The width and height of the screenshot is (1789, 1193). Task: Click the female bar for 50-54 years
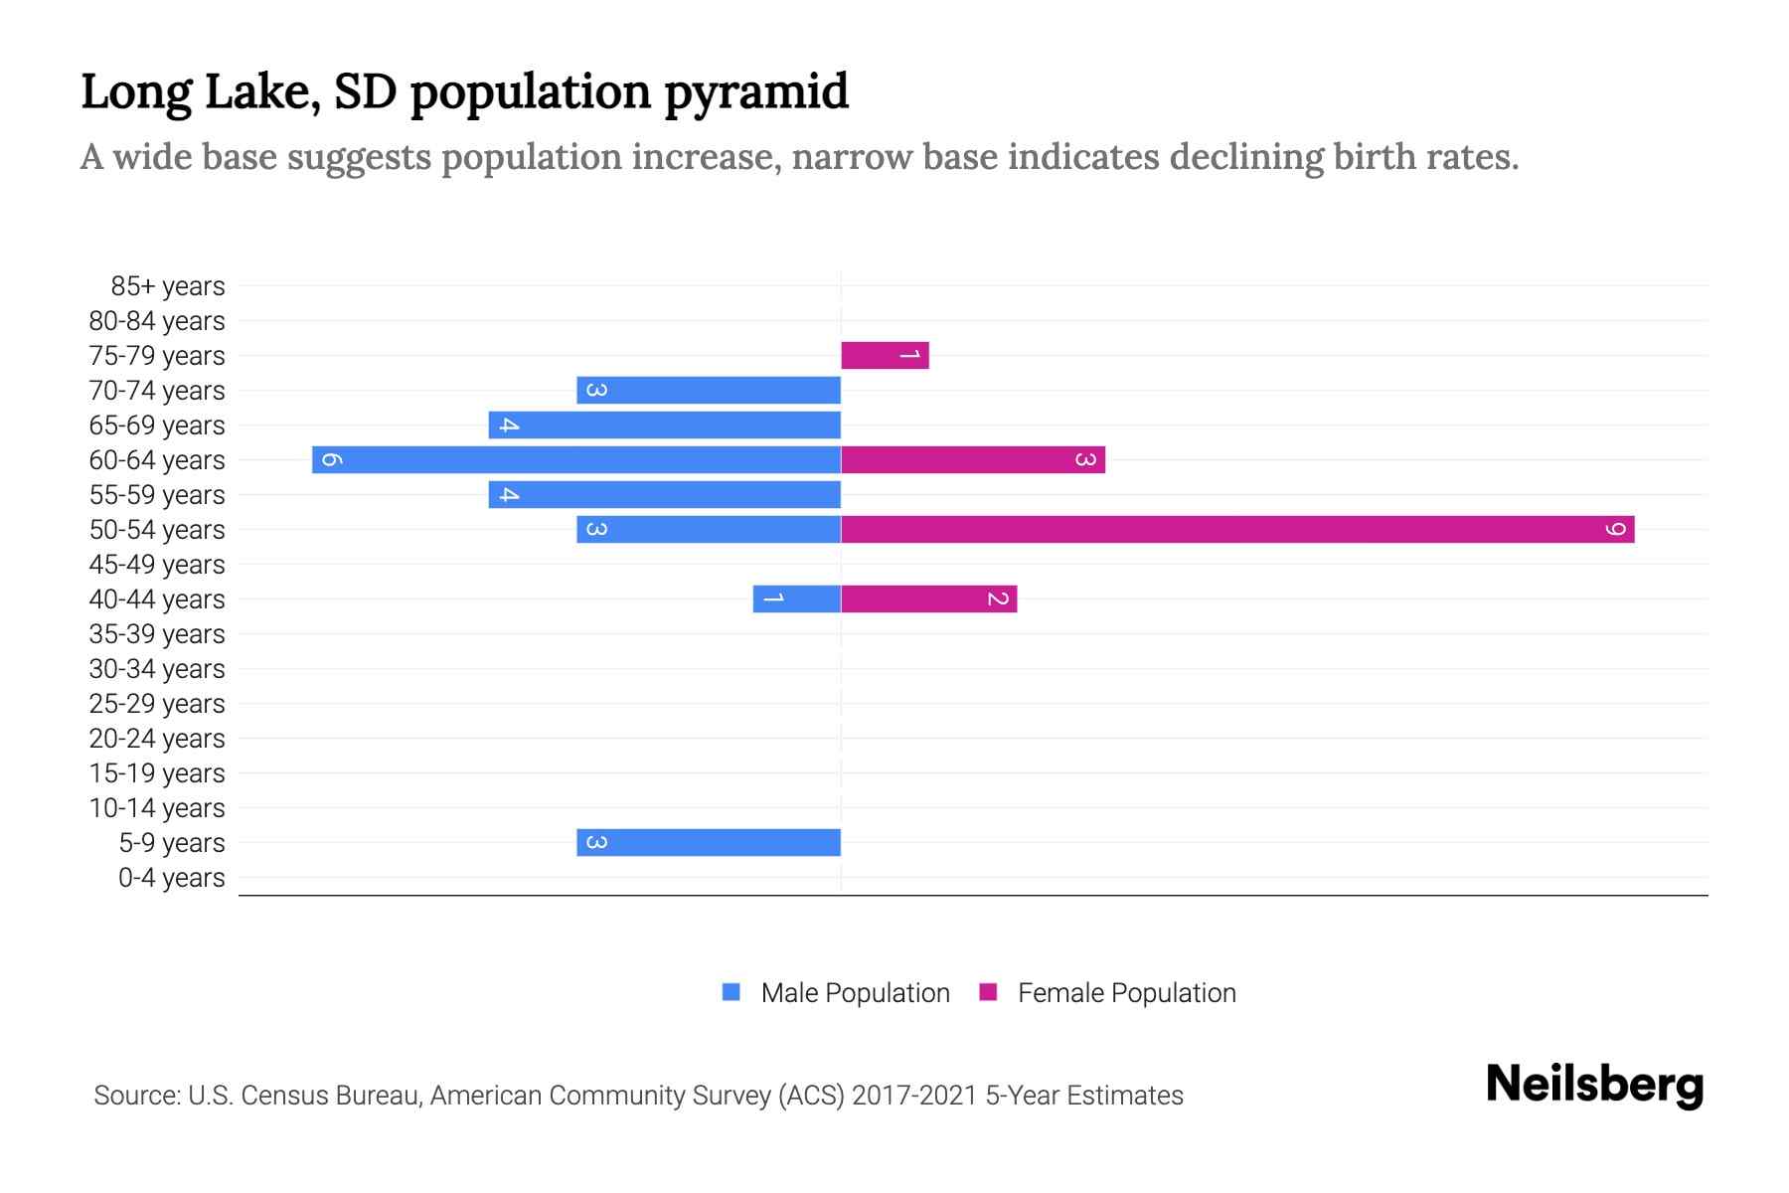(x=1237, y=529)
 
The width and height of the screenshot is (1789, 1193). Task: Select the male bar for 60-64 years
(x=576, y=459)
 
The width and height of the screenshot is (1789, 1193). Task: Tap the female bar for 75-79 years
(x=885, y=355)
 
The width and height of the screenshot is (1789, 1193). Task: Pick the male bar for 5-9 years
(x=709, y=842)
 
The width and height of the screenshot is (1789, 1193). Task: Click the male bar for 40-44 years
(x=797, y=598)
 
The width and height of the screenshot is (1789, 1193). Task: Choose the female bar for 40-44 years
(x=928, y=598)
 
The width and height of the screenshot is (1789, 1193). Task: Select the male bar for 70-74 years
(x=709, y=390)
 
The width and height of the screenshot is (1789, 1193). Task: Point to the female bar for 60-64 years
(x=973, y=459)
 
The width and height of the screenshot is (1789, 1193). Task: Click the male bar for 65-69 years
(x=664, y=425)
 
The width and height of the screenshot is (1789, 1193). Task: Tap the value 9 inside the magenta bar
(x=1616, y=529)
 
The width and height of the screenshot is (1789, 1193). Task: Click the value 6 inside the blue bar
(x=332, y=459)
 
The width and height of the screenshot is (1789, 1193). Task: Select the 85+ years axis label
(x=168, y=286)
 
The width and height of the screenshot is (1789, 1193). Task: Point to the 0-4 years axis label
(x=171, y=878)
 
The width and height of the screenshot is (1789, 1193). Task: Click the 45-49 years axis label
(x=157, y=565)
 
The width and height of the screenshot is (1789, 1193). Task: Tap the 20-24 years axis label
(x=157, y=739)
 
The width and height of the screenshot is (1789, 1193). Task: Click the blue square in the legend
(x=732, y=992)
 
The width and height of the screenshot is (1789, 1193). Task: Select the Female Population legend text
(x=1126, y=992)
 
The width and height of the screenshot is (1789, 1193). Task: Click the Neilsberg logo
(x=1594, y=1085)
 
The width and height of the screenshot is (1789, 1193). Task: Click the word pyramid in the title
(x=755, y=91)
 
